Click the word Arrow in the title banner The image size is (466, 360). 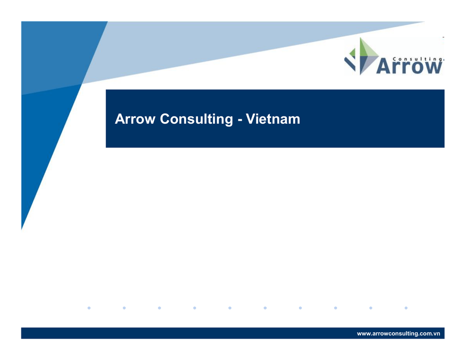point(135,119)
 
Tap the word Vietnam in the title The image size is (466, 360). point(273,119)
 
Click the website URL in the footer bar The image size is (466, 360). point(398,334)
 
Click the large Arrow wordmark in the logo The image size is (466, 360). point(409,66)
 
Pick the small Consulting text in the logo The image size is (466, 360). point(418,59)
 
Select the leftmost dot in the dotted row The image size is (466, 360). point(89,308)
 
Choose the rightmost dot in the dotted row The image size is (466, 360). point(406,308)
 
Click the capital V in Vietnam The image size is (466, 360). point(251,119)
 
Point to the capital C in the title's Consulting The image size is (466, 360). point(165,119)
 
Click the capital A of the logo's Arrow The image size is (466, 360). point(383,66)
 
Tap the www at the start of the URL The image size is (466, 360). point(364,334)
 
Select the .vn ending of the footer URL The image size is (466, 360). point(436,334)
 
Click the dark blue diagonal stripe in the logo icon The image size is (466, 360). point(350,64)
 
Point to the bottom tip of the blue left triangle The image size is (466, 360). point(22,229)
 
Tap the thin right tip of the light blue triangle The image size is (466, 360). point(425,22)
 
